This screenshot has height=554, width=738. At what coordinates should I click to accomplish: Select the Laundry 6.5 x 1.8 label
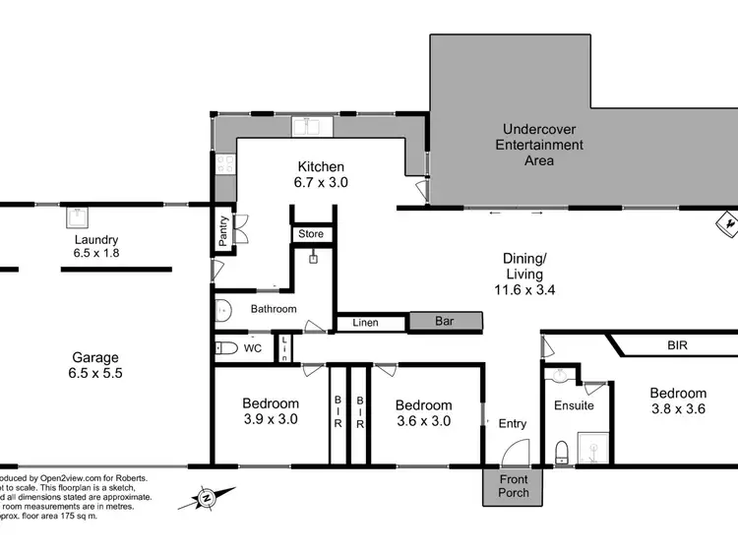95,246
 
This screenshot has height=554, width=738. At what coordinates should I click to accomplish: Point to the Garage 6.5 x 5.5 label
95,365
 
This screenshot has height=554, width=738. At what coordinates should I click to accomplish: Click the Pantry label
222,232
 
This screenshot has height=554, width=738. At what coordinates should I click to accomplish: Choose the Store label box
311,234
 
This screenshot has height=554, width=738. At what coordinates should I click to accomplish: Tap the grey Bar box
446,321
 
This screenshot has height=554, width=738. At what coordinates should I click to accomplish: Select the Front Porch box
513,486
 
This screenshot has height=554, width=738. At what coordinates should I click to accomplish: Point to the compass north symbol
208,498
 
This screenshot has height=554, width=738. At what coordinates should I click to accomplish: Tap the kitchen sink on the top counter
314,126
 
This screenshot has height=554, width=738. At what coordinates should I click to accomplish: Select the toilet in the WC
225,347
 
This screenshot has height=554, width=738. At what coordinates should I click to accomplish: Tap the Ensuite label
574,404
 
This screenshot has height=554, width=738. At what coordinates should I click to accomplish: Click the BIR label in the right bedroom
677,346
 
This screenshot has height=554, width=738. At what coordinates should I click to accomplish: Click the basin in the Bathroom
221,310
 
